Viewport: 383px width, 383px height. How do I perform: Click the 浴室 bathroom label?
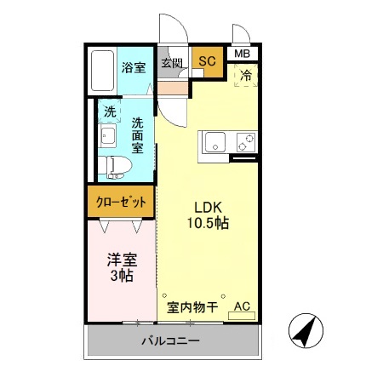coord(132,67)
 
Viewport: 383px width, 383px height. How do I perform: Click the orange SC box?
coord(207,60)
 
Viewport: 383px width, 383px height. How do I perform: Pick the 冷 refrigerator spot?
coord(245,75)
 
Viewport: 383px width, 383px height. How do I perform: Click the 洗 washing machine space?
coord(109,111)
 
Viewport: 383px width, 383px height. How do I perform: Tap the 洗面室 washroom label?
coord(137,134)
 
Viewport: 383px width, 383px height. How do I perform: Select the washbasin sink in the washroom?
coord(108,136)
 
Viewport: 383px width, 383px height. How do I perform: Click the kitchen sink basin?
coord(213,142)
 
